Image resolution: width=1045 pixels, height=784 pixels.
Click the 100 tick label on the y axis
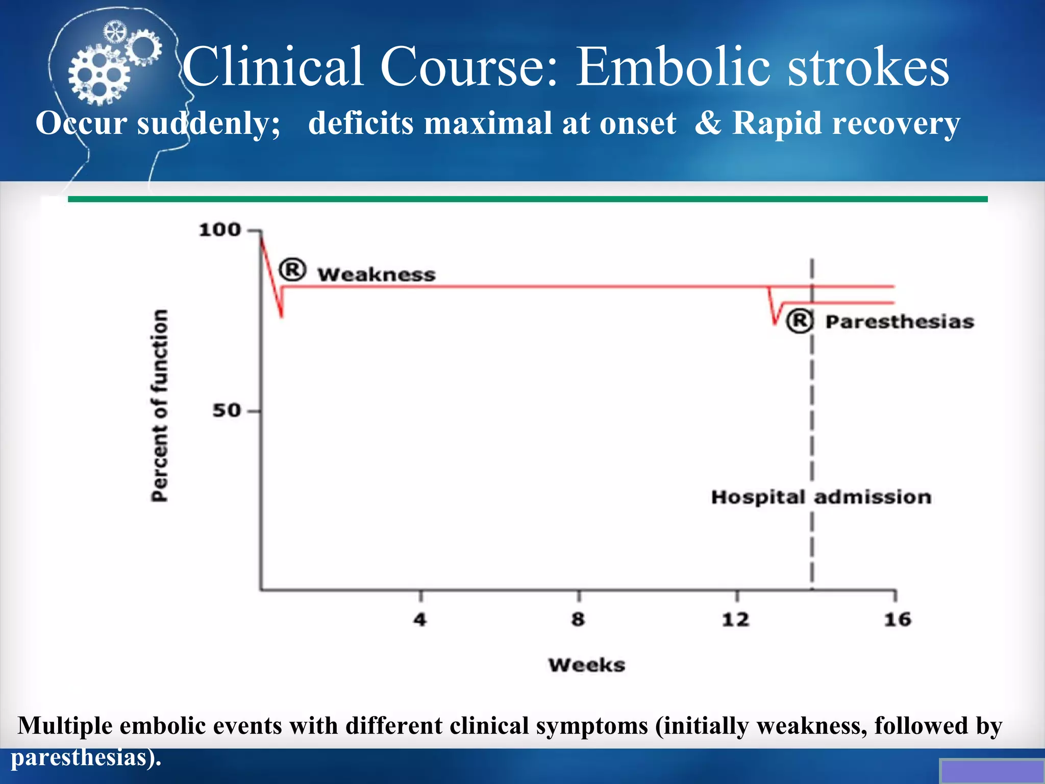click(x=219, y=230)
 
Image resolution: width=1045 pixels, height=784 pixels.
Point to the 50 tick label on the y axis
click(x=226, y=410)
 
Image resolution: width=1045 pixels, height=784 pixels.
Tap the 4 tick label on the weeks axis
click(x=419, y=620)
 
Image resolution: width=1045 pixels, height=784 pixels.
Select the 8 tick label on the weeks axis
click(x=578, y=620)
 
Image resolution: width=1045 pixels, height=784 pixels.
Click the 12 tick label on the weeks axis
click(x=735, y=620)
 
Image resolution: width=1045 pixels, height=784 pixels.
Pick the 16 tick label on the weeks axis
click(x=897, y=620)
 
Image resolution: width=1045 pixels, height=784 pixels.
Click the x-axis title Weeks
click(x=587, y=665)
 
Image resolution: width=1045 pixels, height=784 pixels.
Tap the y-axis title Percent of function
click(x=160, y=405)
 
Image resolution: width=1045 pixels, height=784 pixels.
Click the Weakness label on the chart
click(x=377, y=275)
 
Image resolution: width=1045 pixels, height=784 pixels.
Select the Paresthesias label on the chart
click(x=900, y=322)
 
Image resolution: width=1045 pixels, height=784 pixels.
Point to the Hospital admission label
click(x=821, y=497)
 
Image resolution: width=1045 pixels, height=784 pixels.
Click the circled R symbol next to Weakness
click(x=292, y=269)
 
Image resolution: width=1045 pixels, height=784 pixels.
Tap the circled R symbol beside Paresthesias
click(x=799, y=321)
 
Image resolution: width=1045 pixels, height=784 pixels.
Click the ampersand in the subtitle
click(x=708, y=122)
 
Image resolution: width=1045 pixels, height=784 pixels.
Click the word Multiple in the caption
click(x=65, y=725)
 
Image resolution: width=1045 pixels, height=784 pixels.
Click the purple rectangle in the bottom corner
click(x=991, y=771)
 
